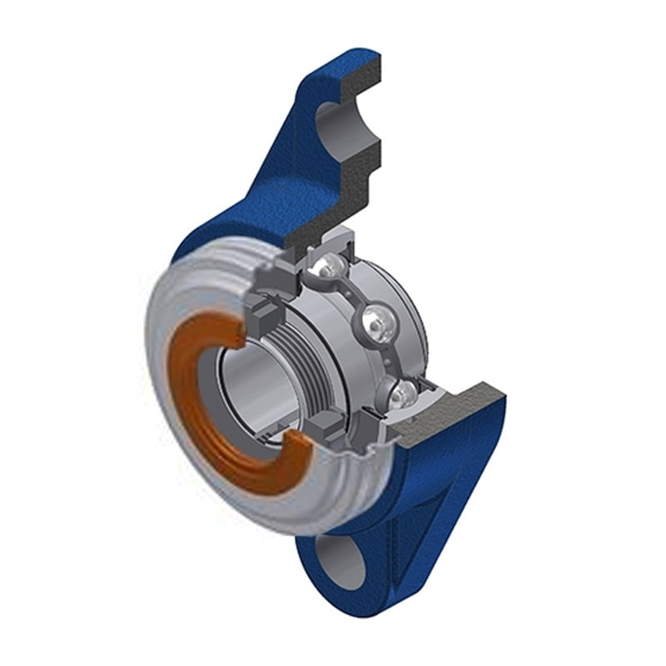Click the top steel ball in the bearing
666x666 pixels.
(x=326, y=269)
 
